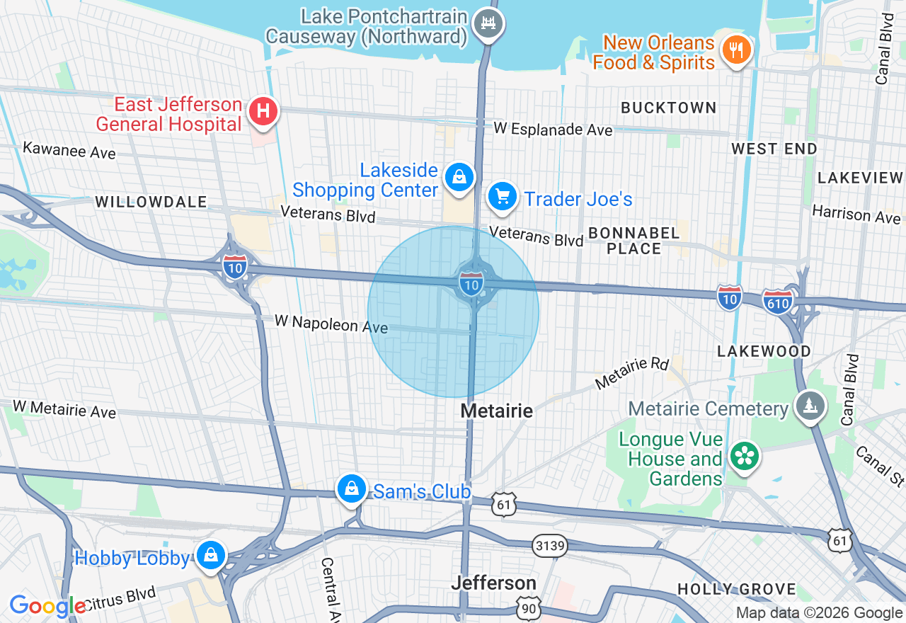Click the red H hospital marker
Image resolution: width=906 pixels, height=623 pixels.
[x=263, y=111]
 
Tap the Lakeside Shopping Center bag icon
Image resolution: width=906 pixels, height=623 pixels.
[x=459, y=177]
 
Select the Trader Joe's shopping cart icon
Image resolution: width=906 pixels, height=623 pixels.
[x=502, y=196]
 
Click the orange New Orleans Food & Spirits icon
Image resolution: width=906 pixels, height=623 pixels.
[x=736, y=50]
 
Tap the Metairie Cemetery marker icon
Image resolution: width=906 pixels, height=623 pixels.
[x=810, y=406]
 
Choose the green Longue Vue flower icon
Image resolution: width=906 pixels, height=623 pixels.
[x=743, y=455]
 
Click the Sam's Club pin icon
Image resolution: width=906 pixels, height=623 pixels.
[x=351, y=488]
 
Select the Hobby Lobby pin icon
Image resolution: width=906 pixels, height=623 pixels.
[x=210, y=555]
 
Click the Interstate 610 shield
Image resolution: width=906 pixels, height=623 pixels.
[x=777, y=301]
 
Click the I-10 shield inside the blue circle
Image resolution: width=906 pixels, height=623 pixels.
[x=471, y=284]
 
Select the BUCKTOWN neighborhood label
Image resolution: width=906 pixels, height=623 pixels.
[x=668, y=108]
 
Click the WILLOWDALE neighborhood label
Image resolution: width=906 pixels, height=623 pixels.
[x=151, y=202]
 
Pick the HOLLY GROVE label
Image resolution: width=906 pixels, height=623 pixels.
[x=736, y=589]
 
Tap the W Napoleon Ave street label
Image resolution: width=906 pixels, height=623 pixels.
[x=331, y=324]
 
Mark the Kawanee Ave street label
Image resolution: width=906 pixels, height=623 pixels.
[x=69, y=151]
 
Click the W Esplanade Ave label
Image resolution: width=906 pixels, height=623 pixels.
[x=553, y=129]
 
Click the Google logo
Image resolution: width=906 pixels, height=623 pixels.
[x=47, y=606]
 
